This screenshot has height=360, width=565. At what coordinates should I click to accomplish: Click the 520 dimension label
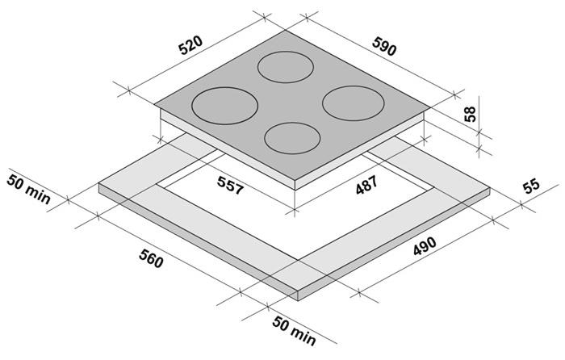(x=191, y=45)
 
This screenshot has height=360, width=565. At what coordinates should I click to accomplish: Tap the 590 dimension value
(x=384, y=47)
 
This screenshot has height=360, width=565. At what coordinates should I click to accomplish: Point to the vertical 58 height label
(x=470, y=114)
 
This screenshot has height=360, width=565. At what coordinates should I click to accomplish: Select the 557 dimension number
(x=231, y=185)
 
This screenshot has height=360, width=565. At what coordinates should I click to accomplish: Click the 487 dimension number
(x=366, y=185)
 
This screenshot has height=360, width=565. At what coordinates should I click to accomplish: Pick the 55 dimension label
(x=531, y=185)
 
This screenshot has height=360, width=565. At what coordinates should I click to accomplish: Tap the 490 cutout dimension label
(x=425, y=246)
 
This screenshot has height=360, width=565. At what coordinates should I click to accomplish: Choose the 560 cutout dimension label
(x=151, y=258)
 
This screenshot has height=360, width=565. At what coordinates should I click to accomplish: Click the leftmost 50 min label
(x=28, y=189)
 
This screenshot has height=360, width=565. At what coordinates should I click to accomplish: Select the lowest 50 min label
(x=294, y=330)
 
